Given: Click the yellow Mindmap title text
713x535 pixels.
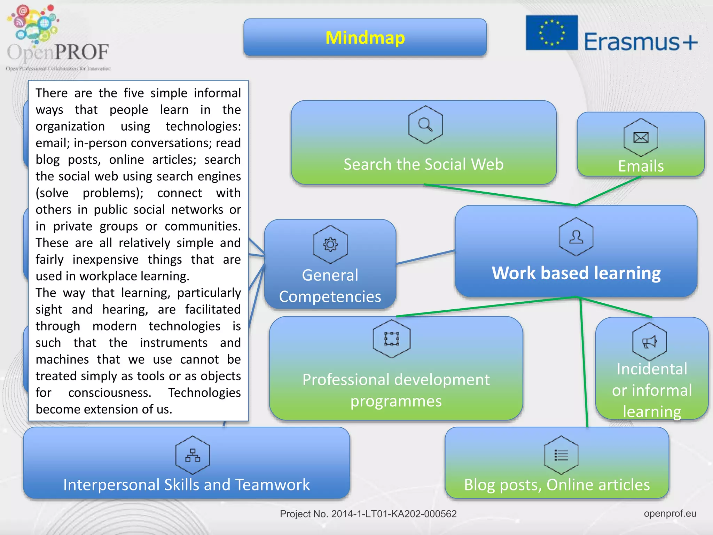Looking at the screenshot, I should point(365,38).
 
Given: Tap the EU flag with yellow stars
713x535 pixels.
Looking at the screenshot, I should point(551,33).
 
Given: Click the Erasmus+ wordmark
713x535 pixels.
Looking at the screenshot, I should point(641,42).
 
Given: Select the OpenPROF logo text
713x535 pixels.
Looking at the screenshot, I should point(58,52).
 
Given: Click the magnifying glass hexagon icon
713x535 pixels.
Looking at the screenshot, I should point(425,124).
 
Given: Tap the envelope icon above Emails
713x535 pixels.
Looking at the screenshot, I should point(641,137).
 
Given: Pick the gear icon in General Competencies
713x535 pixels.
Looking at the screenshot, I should point(330,244).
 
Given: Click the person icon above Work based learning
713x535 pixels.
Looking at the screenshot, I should point(576,237).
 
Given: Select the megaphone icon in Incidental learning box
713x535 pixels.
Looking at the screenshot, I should point(649,342).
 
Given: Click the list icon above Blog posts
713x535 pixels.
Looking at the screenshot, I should point(561,455).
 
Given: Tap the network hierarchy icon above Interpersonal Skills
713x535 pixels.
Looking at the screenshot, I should point(193,455).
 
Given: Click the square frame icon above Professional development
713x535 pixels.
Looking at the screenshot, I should point(392,339).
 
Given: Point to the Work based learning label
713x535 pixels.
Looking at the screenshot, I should point(576,273).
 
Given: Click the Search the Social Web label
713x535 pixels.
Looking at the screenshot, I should point(424,164).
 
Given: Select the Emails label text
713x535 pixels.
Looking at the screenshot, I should point(641,166).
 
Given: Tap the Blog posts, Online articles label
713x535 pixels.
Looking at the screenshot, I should point(557,484).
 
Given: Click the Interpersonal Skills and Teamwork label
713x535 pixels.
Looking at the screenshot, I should point(187,484).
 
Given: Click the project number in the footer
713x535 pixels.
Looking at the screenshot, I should point(368,514).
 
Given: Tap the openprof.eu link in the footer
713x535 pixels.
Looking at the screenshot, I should point(670,513).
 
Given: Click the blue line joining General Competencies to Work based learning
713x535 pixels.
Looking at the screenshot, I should point(425,257).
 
